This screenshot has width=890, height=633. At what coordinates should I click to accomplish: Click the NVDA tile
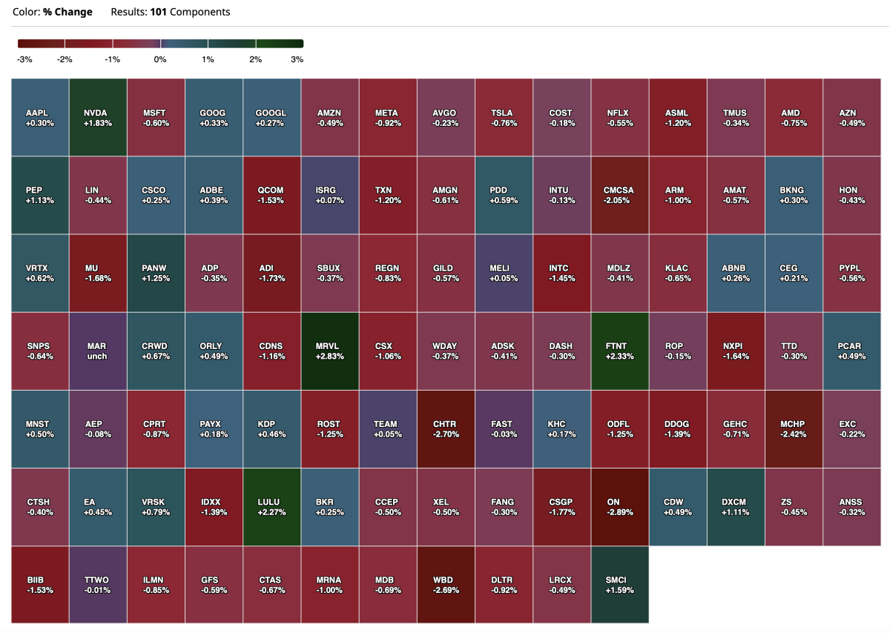[97, 117]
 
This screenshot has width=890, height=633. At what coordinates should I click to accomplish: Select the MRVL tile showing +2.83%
[329, 351]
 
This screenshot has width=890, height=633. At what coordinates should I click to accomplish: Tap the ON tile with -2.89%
[619, 506]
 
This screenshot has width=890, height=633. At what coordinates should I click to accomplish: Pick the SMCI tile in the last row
[619, 584]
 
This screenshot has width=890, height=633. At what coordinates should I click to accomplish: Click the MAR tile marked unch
[97, 351]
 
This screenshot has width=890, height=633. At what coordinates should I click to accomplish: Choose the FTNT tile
[619, 351]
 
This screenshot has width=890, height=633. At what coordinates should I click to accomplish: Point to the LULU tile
[271, 506]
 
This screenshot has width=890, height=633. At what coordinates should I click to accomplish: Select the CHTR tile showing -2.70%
[445, 428]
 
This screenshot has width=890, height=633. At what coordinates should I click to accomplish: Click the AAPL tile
[39, 117]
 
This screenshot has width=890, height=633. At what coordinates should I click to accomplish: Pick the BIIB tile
[39, 584]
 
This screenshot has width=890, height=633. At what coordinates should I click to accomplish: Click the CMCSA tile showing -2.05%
[619, 195]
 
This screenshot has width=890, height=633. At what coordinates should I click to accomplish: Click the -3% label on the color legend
[24, 59]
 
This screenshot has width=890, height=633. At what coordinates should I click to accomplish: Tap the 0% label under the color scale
[159, 59]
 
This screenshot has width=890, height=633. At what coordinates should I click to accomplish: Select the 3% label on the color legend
[297, 59]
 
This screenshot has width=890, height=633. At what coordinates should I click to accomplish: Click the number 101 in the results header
[160, 12]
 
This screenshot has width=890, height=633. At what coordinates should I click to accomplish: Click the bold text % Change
[67, 12]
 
